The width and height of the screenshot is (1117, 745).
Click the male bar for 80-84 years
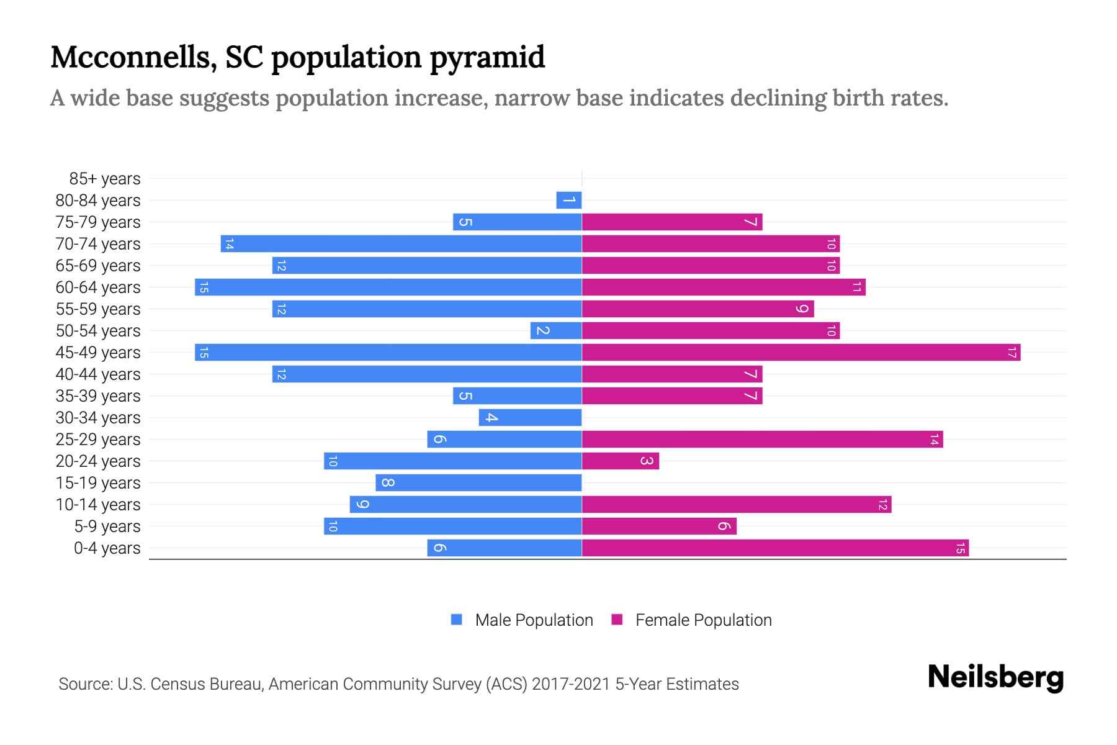point(568,201)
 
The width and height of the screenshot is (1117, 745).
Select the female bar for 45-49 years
point(801,353)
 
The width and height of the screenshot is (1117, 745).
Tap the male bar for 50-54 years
point(555,331)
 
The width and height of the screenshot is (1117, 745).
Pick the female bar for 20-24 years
point(620,461)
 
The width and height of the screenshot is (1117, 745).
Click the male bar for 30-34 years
point(530,418)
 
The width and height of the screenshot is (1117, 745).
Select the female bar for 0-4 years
point(774,548)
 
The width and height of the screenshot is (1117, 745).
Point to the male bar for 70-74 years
point(401,244)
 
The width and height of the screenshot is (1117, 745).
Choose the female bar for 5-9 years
point(659,526)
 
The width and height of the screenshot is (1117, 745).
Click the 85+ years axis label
point(104,179)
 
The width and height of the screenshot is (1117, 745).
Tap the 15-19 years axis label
point(98,483)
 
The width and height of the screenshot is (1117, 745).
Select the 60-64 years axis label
point(98,287)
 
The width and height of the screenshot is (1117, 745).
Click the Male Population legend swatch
point(457,620)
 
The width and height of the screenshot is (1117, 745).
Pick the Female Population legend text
point(703,620)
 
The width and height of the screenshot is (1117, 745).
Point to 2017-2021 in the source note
point(571,684)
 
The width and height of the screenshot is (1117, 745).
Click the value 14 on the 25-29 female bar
point(934,440)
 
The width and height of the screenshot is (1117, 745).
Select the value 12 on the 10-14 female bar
point(882,505)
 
